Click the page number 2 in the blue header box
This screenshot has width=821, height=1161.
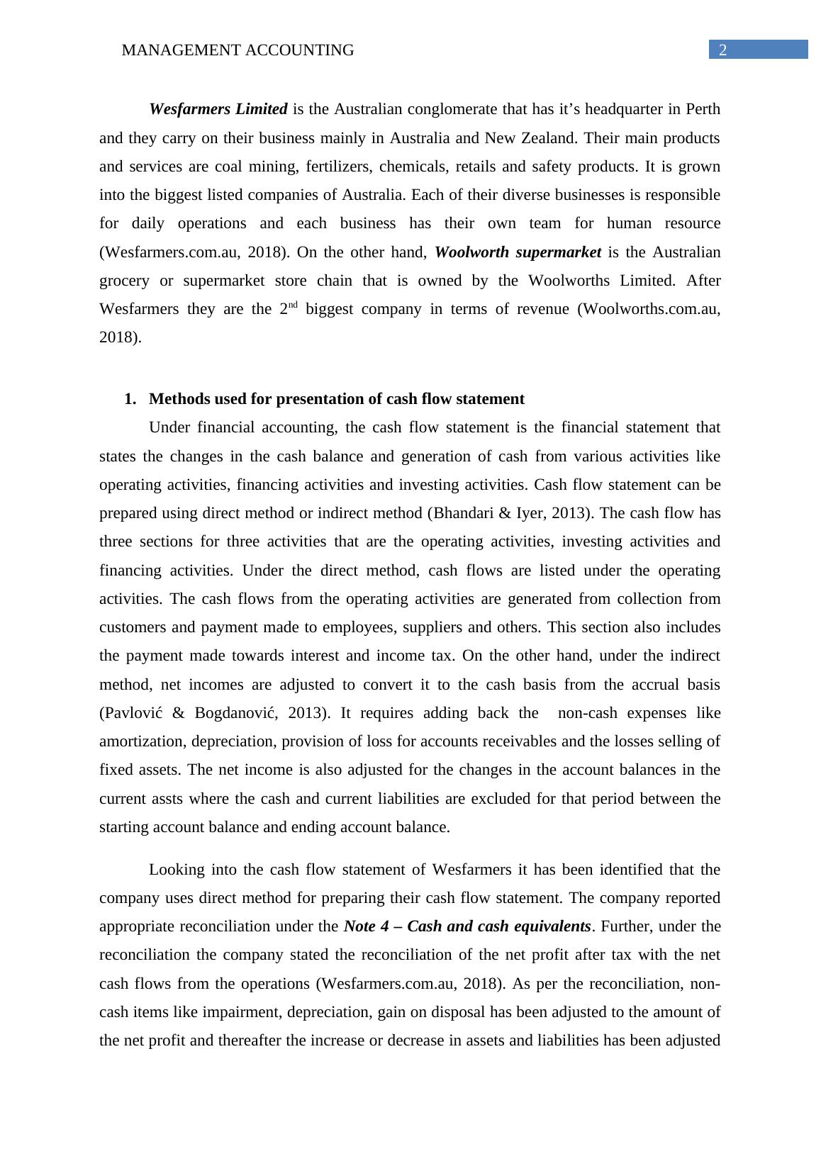722,50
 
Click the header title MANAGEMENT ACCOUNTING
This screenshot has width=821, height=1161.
238,50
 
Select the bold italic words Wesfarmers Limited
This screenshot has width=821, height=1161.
218,109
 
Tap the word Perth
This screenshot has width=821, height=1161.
703,109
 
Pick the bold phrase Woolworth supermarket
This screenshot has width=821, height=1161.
518,252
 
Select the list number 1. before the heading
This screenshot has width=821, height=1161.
130,399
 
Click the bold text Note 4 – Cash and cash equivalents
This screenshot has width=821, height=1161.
467,926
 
